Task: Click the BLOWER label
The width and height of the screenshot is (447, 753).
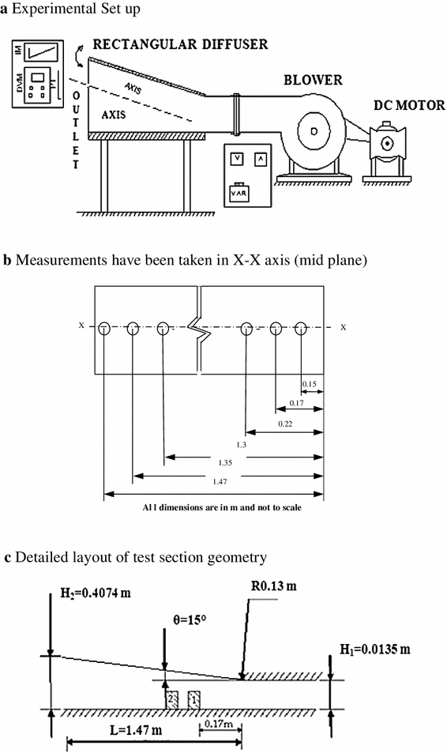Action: click(313, 81)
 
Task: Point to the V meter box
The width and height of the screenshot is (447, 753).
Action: click(236, 157)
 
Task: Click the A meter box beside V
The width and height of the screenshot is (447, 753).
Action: click(260, 157)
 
